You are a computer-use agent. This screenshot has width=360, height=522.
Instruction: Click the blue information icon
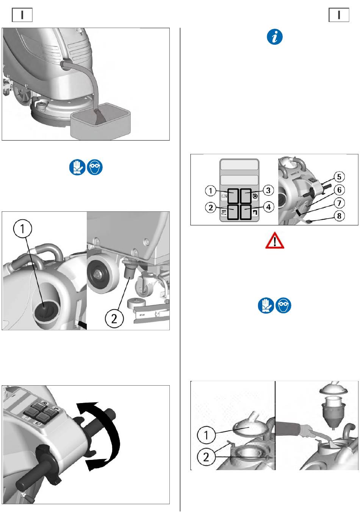tap(275, 37)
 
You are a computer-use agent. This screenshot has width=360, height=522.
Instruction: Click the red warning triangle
tap(275, 240)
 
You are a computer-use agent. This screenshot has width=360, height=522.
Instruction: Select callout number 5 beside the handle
tap(339, 177)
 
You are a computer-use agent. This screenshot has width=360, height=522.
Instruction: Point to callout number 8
tap(339, 216)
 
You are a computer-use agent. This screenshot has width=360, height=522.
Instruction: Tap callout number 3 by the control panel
tap(268, 190)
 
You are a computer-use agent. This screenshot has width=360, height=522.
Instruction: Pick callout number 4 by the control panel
tap(268, 207)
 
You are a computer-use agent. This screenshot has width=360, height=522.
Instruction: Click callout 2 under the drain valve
tap(114, 319)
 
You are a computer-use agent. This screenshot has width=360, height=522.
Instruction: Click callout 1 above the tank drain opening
tap(22, 228)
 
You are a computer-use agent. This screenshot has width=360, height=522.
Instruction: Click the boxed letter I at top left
tap(22, 15)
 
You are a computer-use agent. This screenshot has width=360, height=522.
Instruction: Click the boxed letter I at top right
tap(339, 15)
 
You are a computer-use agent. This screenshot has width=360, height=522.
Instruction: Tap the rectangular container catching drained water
tap(100, 121)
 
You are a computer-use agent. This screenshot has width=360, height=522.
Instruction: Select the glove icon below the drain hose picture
tap(77, 167)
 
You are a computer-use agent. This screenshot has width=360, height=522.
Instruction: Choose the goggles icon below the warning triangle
tap(283, 305)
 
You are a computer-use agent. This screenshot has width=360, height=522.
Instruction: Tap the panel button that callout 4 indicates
tap(246, 212)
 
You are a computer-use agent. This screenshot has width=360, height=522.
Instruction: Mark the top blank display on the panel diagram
tap(239, 165)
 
